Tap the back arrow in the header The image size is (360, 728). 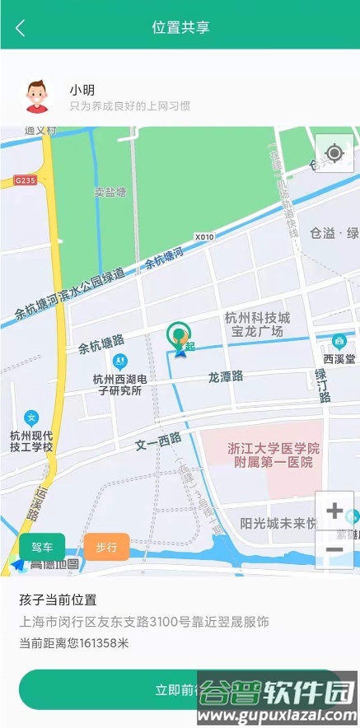tap(21, 27)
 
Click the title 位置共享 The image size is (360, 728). tap(180, 27)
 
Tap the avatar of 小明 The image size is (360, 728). tap(36, 96)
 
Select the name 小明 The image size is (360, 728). tap(80, 90)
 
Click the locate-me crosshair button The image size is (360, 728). tap(334, 153)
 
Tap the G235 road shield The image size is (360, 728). tap(26, 180)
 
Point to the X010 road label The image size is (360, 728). tap(204, 237)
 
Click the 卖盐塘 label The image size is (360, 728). tap(110, 192)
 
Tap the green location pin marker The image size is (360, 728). tap(178, 335)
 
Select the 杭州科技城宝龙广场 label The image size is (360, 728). tap(257, 324)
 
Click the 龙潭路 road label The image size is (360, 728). tap(225, 377)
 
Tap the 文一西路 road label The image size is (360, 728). tap(158, 442)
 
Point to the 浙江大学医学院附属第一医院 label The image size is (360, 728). tap(273, 455)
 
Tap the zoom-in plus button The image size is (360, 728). tap(334, 511)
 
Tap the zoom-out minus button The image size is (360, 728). tap(334, 549)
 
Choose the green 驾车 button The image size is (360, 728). tap(42, 547)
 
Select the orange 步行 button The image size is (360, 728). tap(106, 547)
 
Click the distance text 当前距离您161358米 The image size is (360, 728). tap(74, 643)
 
